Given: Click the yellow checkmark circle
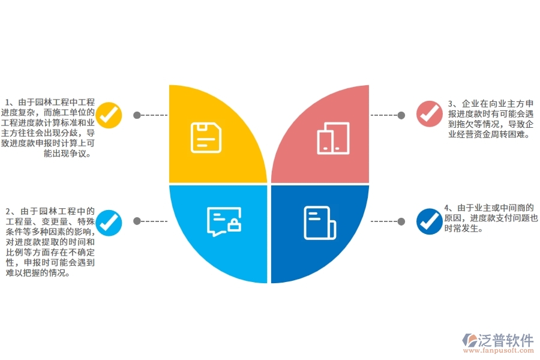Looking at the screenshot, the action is [109, 115].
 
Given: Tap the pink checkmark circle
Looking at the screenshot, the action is [430, 113].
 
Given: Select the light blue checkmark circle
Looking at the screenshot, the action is [109, 223].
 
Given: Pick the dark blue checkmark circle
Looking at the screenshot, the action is [430, 221].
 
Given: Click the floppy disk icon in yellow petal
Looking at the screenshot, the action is [206, 137].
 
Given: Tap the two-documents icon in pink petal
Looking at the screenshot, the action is [333, 138].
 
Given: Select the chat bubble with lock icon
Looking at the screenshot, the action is [224, 221].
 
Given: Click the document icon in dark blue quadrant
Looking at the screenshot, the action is [320, 223].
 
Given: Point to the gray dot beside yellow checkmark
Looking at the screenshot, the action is [137, 115].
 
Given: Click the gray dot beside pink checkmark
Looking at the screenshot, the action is [401, 115].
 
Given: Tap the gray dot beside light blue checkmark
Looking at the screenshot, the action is [137, 221].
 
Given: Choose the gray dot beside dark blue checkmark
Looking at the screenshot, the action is [401, 221].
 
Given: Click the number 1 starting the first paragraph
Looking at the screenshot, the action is [7, 103].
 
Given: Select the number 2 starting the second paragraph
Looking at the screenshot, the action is [8, 211].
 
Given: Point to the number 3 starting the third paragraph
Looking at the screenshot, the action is [451, 104].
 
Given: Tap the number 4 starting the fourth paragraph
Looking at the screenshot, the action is [446, 208].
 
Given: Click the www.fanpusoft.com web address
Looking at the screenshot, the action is [498, 350].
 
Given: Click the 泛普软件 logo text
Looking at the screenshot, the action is [506, 340].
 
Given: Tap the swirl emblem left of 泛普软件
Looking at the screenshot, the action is [469, 340].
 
